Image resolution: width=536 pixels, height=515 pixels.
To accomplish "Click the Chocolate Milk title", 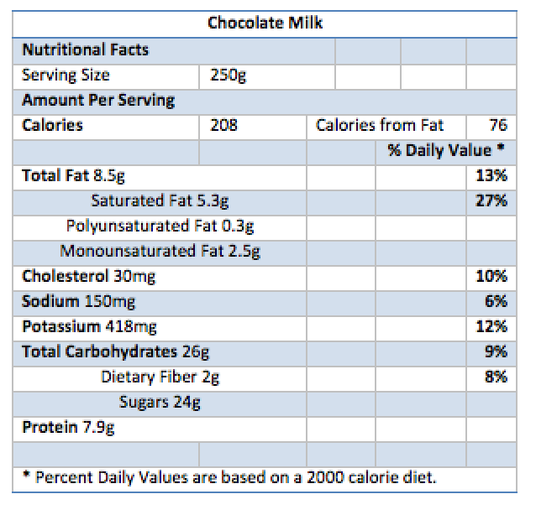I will pos(265,23).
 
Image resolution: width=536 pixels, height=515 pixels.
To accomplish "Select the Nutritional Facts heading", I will pos(85,49).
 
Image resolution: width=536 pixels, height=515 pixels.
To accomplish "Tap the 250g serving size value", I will pos(228,75).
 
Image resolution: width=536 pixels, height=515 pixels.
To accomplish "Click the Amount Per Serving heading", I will pos(98,101).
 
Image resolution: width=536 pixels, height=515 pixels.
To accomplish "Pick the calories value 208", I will pos(223,126).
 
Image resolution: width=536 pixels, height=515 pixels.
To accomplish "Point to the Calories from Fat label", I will pos(380,126).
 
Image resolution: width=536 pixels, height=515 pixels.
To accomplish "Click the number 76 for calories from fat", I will pos(498,126).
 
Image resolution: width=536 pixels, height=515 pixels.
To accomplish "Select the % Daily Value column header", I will pos(446,151).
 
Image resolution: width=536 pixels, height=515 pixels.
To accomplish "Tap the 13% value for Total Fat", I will pos(491,176).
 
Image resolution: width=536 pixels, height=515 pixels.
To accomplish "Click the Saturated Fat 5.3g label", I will pos(160,201).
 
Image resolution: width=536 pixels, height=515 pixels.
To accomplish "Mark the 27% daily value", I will pos(491,201).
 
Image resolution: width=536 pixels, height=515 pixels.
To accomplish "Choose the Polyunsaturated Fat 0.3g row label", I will pos(160,226).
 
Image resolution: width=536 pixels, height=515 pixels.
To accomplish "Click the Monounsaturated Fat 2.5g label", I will pos(160,251).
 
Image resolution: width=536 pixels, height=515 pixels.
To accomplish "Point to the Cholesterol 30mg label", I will pos(88,276).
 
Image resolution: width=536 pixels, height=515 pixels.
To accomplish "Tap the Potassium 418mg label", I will pos(89,326).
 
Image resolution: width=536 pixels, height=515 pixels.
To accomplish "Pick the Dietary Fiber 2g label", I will pos(160,377).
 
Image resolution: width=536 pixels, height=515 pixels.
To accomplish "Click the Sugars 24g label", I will pos(160,402).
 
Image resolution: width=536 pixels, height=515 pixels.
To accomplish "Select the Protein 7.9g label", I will pos(68,428).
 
